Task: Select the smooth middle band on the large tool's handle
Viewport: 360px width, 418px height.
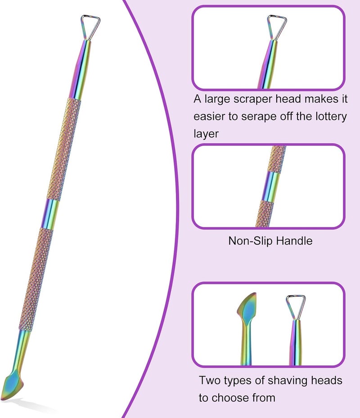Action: click(51, 214)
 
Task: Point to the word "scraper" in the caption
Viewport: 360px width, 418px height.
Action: click(253, 99)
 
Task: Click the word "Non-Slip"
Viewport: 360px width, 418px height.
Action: click(250, 241)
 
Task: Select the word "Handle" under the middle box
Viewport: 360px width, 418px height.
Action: click(294, 241)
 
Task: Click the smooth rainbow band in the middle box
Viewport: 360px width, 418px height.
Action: click(270, 186)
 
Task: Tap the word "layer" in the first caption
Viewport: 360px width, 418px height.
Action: click(206, 134)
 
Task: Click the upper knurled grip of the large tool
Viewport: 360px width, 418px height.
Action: click(64, 149)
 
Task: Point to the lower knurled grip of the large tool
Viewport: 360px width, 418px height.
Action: click(36, 280)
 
